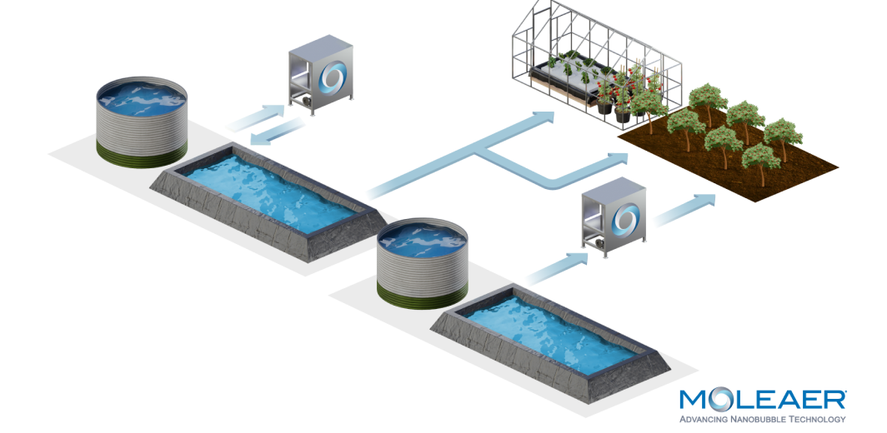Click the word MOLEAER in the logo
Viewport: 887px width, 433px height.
763,400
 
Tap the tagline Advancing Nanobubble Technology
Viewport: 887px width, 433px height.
763,419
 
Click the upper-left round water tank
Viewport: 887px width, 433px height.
141,122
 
